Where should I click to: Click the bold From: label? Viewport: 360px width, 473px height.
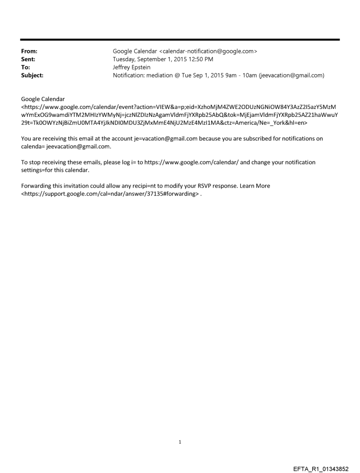coord(29,51)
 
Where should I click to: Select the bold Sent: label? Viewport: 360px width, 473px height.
coord(28,59)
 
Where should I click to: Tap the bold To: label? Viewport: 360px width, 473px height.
coord(26,67)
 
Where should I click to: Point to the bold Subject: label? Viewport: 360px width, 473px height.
coord(32,75)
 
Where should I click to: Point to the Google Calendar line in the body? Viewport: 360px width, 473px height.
coord(43,99)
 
